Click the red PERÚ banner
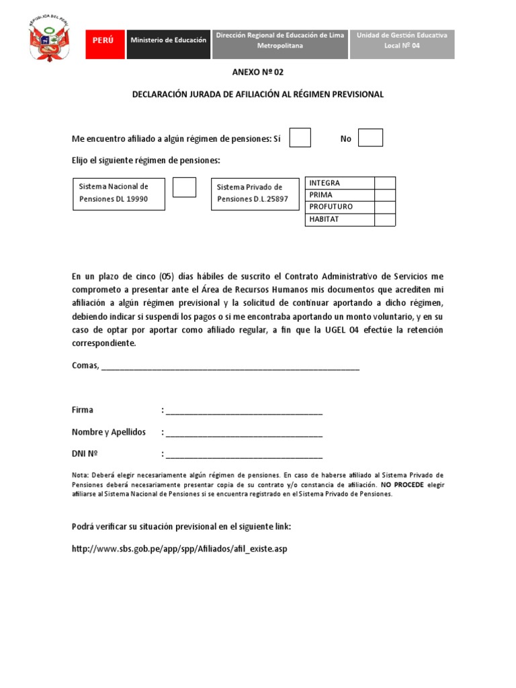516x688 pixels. coord(103,40)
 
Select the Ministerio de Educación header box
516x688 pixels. coord(168,40)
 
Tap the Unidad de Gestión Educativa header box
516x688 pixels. coord(402,40)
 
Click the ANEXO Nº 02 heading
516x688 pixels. coord(257,72)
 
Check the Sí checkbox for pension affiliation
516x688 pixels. coord(300,138)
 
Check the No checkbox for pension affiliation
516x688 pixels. coord(370,138)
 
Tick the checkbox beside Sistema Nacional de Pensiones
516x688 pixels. coord(184,187)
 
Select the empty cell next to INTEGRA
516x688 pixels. coord(385,183)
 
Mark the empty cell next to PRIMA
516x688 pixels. coord(385,195)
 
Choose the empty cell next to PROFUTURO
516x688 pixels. coord(385,207)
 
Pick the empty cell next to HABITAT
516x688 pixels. coord(385,220)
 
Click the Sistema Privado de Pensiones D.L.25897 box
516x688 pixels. coord(255,193)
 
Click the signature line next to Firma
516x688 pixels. coord(244,412)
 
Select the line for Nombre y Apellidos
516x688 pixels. coord(244,434)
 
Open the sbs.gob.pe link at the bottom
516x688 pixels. coord(179,550)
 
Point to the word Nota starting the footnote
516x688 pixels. coord(80,475)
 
